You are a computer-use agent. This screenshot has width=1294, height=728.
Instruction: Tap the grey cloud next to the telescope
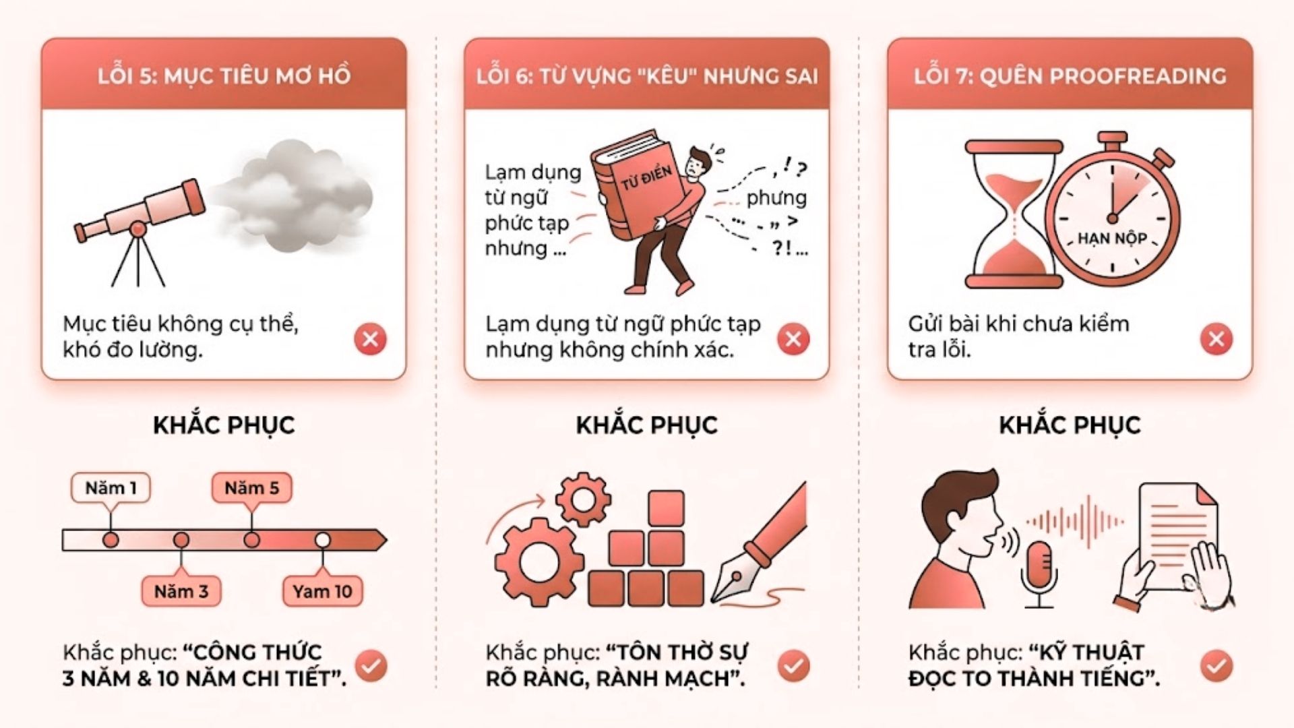294,195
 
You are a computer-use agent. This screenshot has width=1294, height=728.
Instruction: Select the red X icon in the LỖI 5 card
370,338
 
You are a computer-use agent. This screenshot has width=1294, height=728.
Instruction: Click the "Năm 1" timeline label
111,488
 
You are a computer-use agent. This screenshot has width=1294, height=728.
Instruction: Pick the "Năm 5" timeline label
251,488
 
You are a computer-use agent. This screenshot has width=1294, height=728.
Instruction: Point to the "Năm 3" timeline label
181,591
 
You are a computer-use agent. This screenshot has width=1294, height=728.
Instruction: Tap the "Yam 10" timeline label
322,591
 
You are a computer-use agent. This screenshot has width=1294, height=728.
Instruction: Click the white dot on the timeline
322,540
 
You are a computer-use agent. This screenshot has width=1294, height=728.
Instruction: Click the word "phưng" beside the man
776,198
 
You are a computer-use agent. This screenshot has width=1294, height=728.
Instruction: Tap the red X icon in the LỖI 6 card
793,338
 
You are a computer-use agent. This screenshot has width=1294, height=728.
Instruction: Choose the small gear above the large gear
583,499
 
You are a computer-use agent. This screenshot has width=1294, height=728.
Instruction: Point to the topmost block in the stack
666,508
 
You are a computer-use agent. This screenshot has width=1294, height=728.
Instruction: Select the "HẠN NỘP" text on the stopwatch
1112,238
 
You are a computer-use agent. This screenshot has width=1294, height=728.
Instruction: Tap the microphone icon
1039,573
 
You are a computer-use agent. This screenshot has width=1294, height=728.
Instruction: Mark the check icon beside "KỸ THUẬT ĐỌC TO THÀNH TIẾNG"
1216,666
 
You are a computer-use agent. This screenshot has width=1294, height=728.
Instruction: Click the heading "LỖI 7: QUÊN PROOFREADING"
1070,75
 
